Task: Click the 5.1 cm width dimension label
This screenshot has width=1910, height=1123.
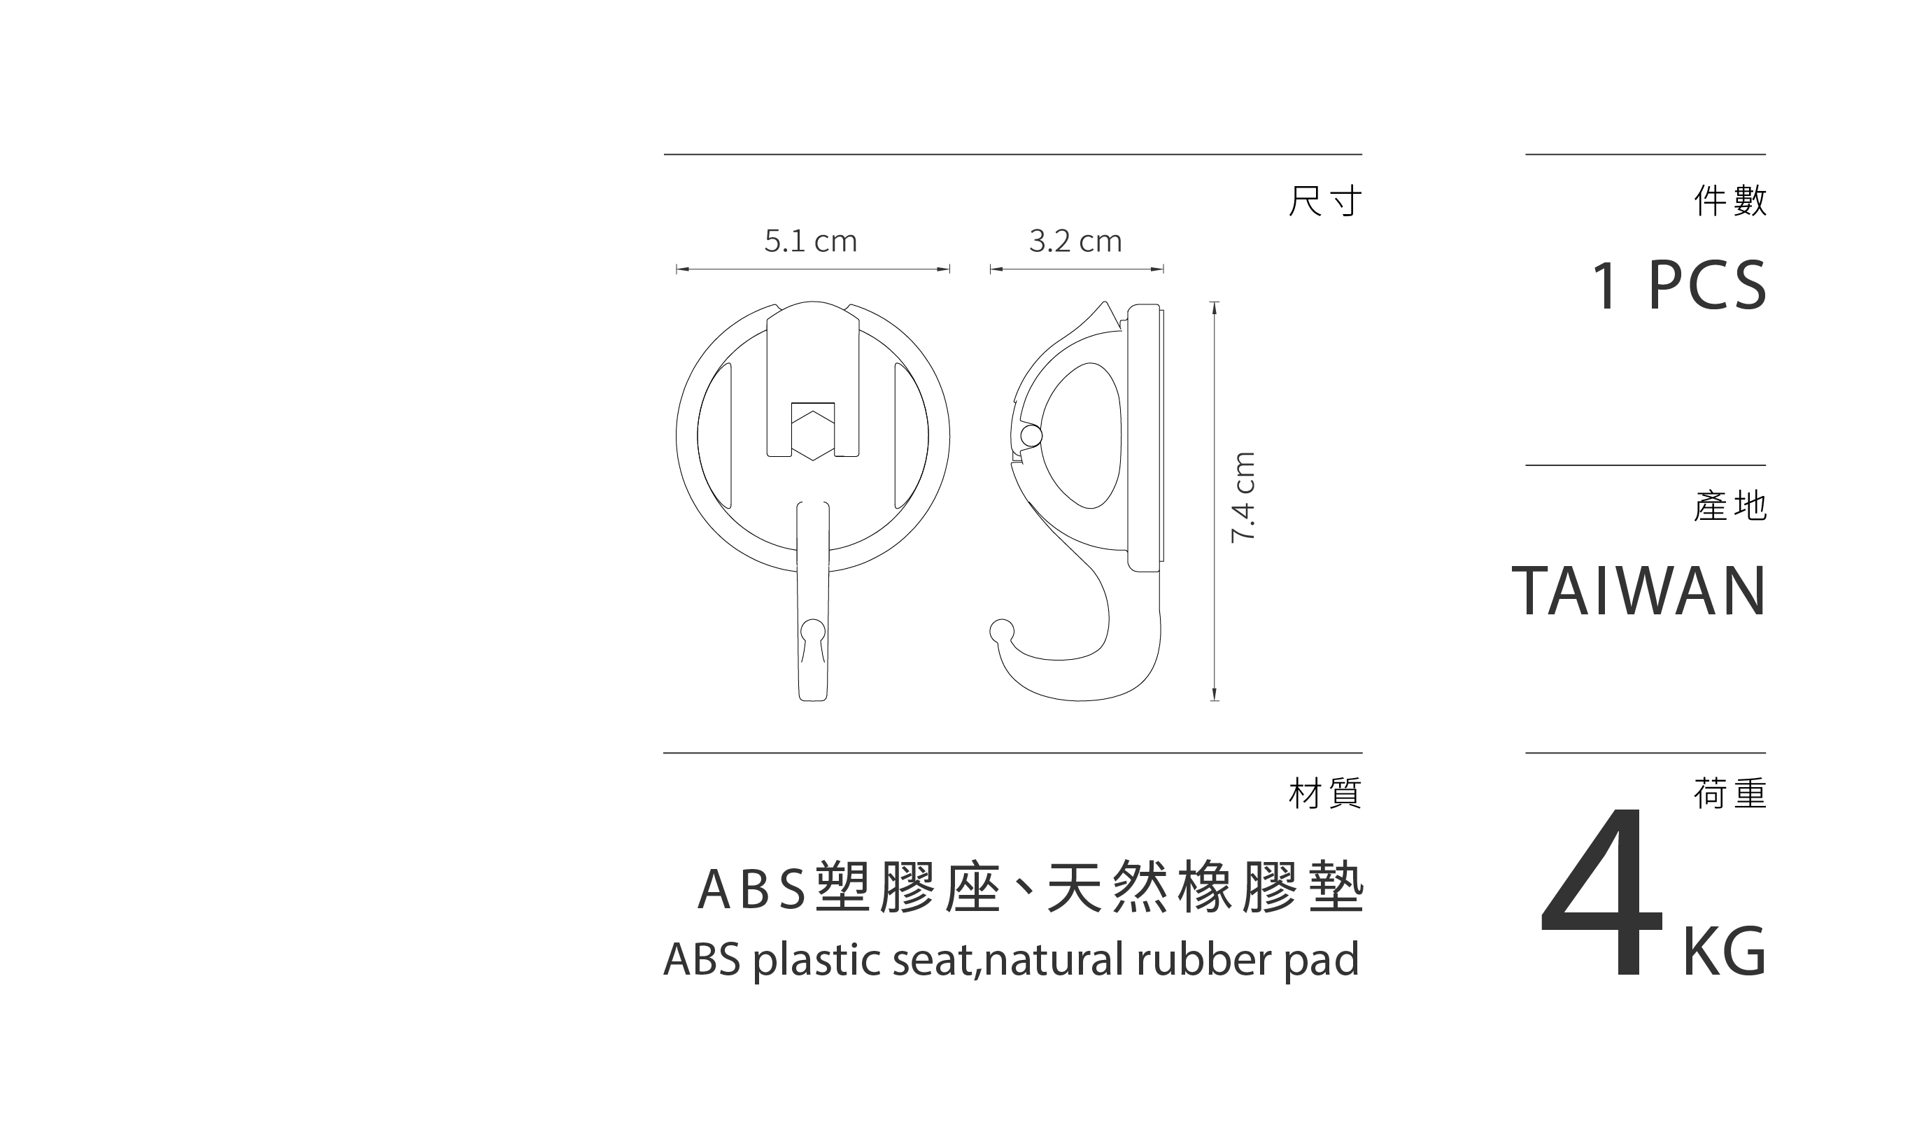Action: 810,241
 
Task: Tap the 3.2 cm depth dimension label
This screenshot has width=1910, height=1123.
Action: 1075,241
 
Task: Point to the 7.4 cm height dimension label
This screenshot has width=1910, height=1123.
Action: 1244,497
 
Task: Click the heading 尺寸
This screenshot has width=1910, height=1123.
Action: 1325,201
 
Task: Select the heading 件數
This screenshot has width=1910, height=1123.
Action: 1730,201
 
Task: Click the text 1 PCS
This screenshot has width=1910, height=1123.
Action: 1678,286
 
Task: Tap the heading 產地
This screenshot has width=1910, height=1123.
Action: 1730,506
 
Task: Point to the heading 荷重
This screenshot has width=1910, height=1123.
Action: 1730,793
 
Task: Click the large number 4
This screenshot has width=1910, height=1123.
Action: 1601,894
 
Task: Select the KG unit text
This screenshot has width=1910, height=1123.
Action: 1725,952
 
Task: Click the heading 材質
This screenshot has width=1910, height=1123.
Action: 1325,793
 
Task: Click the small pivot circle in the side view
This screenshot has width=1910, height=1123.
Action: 1031,436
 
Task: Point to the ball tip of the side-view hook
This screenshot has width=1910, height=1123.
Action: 1001,630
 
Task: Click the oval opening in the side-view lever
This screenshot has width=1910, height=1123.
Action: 1082,436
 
